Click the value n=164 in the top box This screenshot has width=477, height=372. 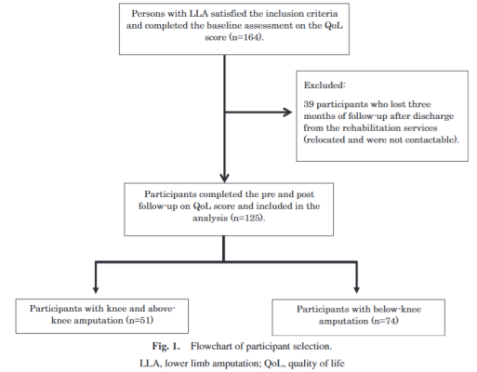[x=246, y=37]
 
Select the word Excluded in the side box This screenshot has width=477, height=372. [x=324, y=85]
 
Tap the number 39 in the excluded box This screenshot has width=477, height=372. [x=309, y=104]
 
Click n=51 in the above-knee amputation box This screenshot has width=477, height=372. [x=139, y=320]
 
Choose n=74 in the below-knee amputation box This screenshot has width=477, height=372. [x=385, y=321]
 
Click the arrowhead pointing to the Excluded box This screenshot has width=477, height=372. [x=287, y=113]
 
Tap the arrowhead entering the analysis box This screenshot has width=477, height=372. [x=224, y=179]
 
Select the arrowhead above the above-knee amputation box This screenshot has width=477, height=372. [x=96, y=289]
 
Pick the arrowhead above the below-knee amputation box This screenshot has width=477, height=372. [x=357, y=289]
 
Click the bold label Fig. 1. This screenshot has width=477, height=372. [x=166, y=346]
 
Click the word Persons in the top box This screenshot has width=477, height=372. [x=147, y=14]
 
